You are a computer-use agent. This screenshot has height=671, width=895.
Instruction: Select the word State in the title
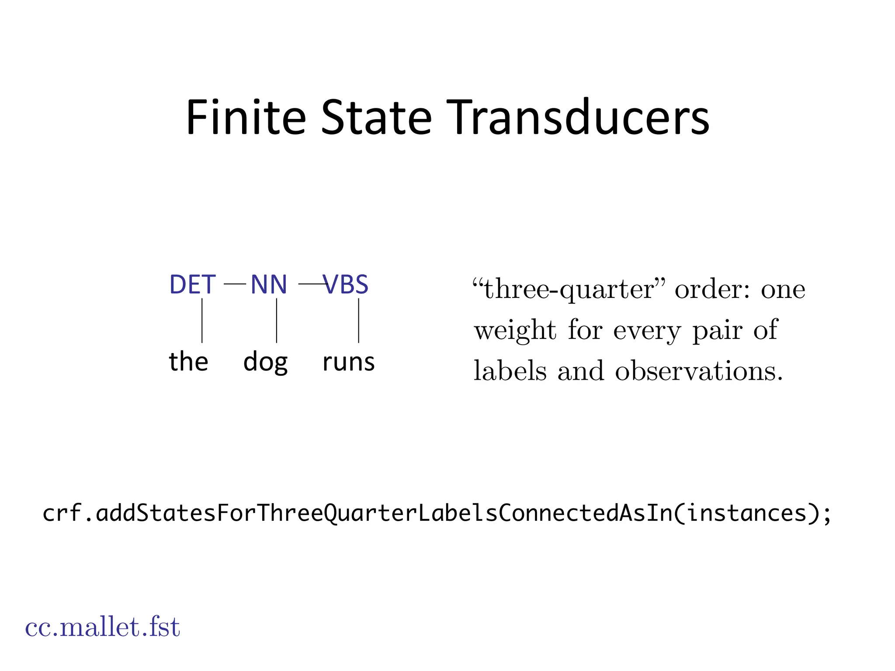(376, 118)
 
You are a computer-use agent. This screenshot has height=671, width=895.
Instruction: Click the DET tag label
(192, 284)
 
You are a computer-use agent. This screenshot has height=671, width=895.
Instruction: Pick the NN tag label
(269, 284)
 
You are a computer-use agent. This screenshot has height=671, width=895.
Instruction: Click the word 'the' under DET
(188, 362)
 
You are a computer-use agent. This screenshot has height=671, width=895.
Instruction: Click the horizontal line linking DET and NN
(235, 284)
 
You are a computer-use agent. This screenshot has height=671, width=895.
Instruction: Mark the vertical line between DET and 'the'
(202, 320)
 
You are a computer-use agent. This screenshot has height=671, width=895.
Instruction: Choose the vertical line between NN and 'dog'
(277, 320)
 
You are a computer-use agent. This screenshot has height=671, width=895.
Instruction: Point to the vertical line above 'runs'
(359, 320)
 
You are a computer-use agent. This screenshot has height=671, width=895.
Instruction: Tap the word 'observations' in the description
(698, 371)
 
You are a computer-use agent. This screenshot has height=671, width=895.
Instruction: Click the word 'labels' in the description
(510, 371)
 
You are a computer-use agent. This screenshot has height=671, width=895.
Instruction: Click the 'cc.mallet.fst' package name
(102, 627)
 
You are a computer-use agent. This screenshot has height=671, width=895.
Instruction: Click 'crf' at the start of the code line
(62, 513)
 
